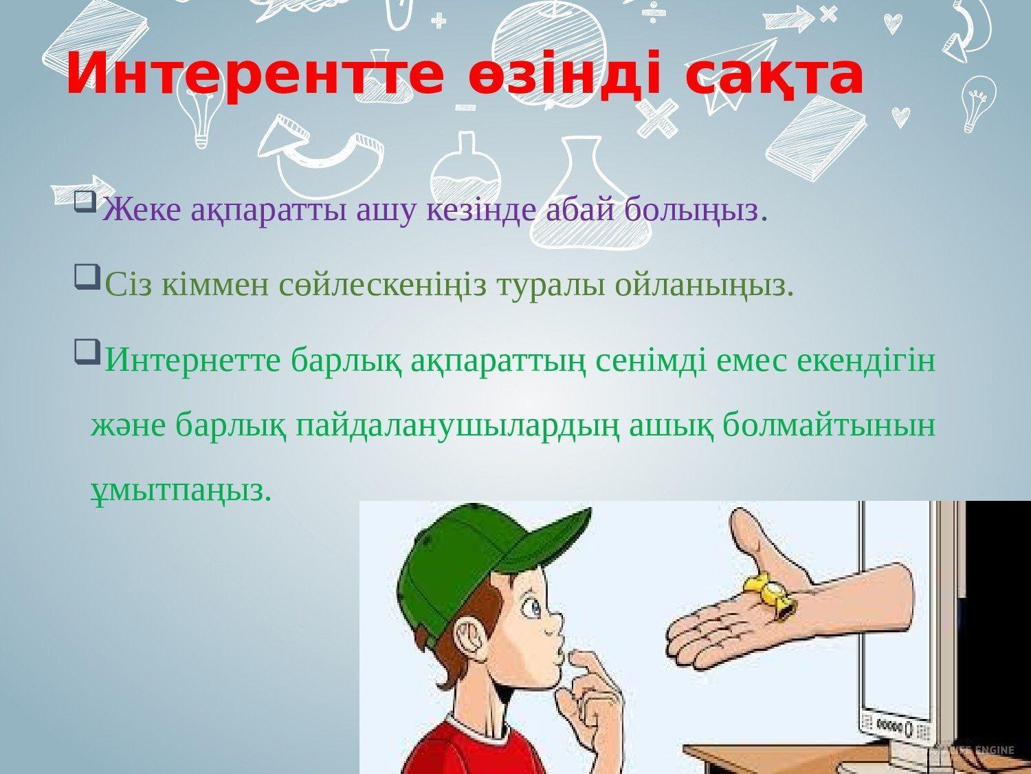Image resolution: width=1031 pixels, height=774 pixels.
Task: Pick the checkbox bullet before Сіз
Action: click(x=87, y=277)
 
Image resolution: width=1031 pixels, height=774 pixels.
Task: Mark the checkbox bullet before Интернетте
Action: click(x=87, y=352)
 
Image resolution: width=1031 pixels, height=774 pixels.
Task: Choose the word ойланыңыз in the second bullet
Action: click(x=700, y=286)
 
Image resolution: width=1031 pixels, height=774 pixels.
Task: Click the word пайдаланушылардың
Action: click(x=458, y=426)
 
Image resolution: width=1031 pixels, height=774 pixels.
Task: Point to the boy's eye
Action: click(x=536, y=608)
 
